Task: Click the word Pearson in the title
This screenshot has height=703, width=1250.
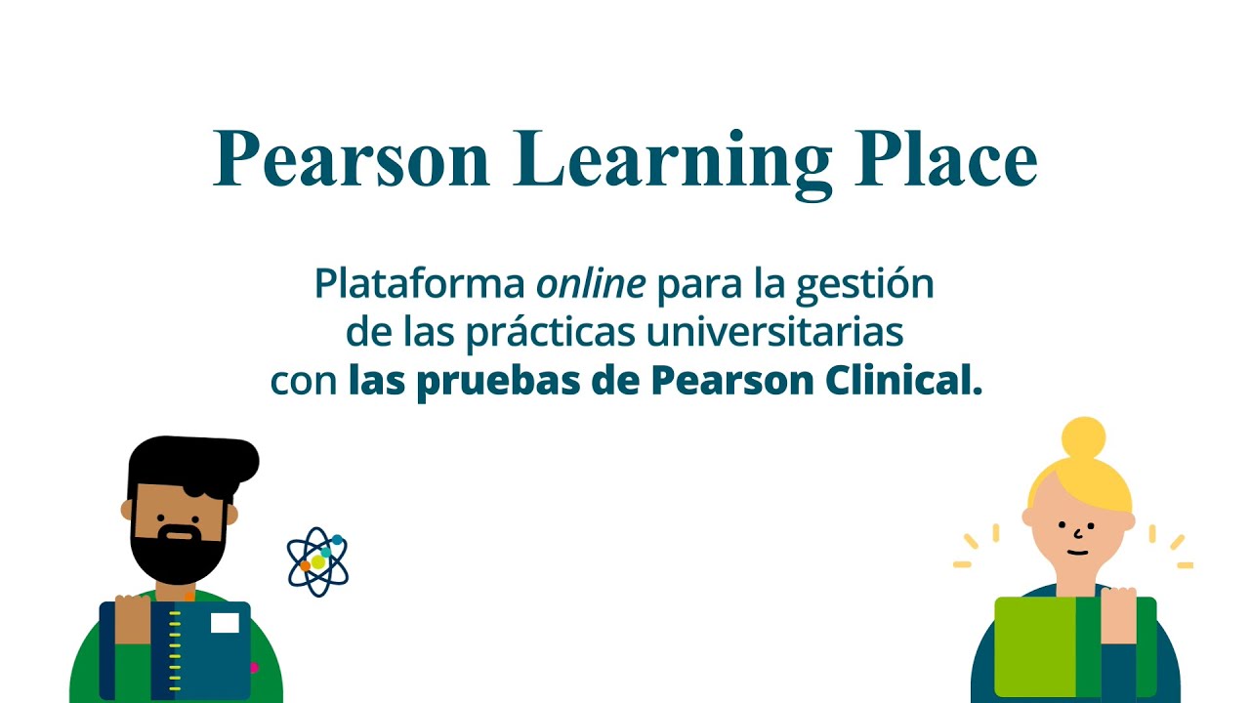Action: tap(352, 159)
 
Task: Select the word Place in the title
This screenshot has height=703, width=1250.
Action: tap(945, 159)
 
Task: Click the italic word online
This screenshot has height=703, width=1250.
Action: tap(591, 284)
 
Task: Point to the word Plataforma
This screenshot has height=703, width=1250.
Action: tap(420, 284)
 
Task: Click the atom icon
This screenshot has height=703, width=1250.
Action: tap(317, 562)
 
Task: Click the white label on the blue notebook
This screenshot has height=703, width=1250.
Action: tap(225, 623)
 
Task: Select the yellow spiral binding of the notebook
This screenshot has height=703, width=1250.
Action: tap(175, 649)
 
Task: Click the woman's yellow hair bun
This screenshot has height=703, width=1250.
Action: tap(1082, 438)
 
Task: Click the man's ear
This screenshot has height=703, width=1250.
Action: tap(126, 509)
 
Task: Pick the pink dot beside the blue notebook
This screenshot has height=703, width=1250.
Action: tap(254, 668)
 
